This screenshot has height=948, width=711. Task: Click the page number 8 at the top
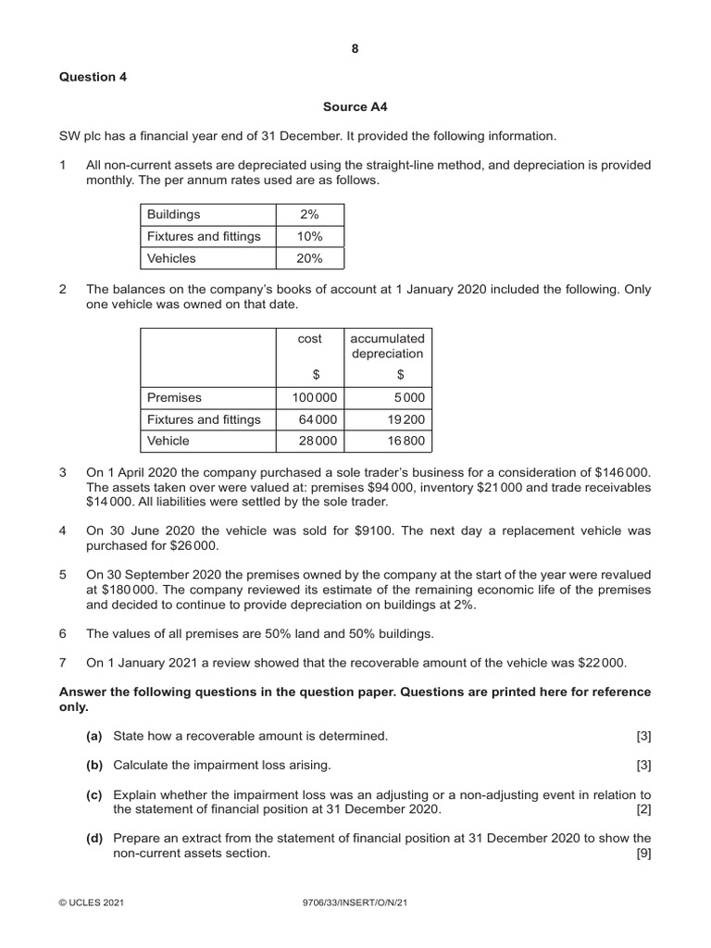pyautogui.click(x=355, y=49)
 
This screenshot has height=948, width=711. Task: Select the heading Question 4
pyautogui.click(x=93, y=77)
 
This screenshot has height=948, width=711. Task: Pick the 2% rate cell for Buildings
pyautogui.click(x=310, y=214)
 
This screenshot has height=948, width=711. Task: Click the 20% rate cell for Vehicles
pyautogui.click(x=310, y=258)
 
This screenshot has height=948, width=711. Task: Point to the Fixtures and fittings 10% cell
pyautogui.click(x=310, y=236)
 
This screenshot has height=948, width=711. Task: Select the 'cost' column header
pyautogui.click(x=309, y=339)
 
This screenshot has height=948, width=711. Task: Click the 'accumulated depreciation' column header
pyautogui.click(x=387, y=346)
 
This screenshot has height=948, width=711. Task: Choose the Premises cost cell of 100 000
pyautogui.click(x=309, y=397)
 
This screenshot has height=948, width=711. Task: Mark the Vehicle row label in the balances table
pyautogui.click(x=168, y=441)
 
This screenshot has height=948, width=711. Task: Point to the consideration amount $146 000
pyautogui.click(x=622, y=472)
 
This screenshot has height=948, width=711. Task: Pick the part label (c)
pyautogui.click(x=95, y=794)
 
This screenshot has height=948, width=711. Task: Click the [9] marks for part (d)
pyautogui.click(x=643, y=854)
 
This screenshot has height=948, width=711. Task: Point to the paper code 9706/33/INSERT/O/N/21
pyautogui.click(x=355, y=900)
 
